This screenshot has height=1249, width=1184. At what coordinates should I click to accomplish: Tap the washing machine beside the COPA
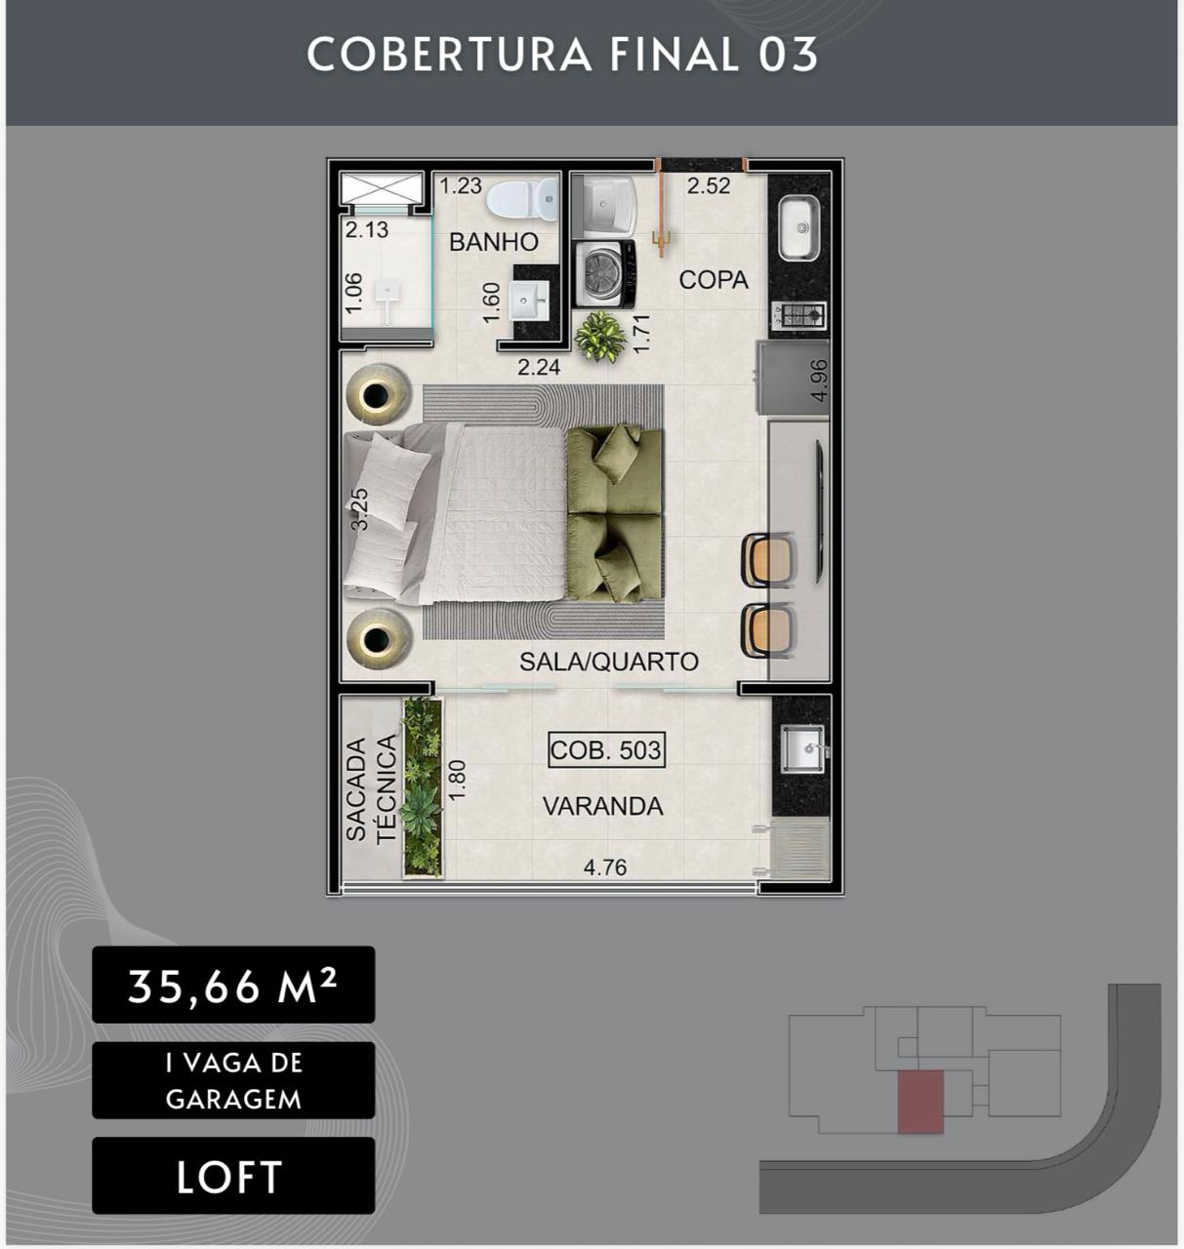coord(605,274)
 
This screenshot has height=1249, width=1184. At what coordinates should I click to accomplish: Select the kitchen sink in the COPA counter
coord(799,228)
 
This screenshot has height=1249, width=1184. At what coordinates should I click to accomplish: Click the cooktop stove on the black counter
coord(799,315)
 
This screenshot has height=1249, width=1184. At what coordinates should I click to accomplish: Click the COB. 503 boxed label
coord(606,750)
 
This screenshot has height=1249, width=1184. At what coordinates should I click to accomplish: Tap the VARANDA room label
coord(602,806)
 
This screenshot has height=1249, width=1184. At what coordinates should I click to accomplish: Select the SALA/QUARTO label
coord(609,662)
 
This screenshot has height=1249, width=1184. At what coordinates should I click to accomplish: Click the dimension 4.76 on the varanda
coord(605,867)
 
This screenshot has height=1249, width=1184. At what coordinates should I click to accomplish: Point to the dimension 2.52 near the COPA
coord(709,185)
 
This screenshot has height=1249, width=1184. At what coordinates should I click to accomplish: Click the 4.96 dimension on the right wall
coord(820,381)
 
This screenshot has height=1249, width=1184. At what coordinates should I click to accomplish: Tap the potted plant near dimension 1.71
coord(599,337)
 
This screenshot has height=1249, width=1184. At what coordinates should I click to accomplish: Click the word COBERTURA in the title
coord(449,55)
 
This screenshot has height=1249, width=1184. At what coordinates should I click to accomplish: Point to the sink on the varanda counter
coord(802,748)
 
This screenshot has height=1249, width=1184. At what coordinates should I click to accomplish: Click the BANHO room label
coord(494,242)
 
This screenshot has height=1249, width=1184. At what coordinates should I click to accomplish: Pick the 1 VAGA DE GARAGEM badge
coord(233,1080)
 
